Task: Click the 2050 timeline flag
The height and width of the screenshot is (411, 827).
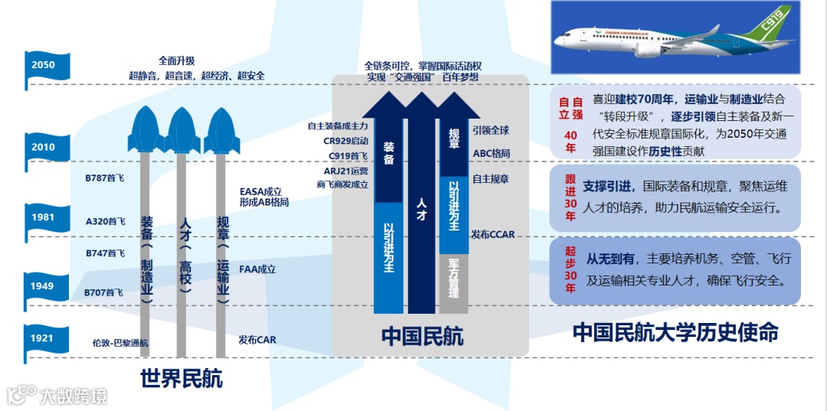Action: point(44,65)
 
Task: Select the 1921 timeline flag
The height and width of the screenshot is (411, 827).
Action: point(44,338)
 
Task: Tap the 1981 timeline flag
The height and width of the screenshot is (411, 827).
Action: point(44,217)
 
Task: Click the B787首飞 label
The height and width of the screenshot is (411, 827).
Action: point(105,178)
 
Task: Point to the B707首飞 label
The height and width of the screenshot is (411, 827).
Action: point(103,292)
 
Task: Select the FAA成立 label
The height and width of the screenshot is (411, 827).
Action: point(257,269)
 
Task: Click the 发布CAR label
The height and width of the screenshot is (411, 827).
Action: point(257,339)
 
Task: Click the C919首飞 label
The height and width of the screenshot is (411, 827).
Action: point(348,155)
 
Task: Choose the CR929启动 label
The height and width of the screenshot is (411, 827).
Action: point(346,141)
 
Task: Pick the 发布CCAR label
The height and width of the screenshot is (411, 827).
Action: point(493,234)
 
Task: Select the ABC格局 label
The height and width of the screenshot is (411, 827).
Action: point(491,153)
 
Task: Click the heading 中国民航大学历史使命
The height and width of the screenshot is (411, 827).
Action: point(675,332)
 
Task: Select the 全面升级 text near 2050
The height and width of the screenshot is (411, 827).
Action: point(177,60)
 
